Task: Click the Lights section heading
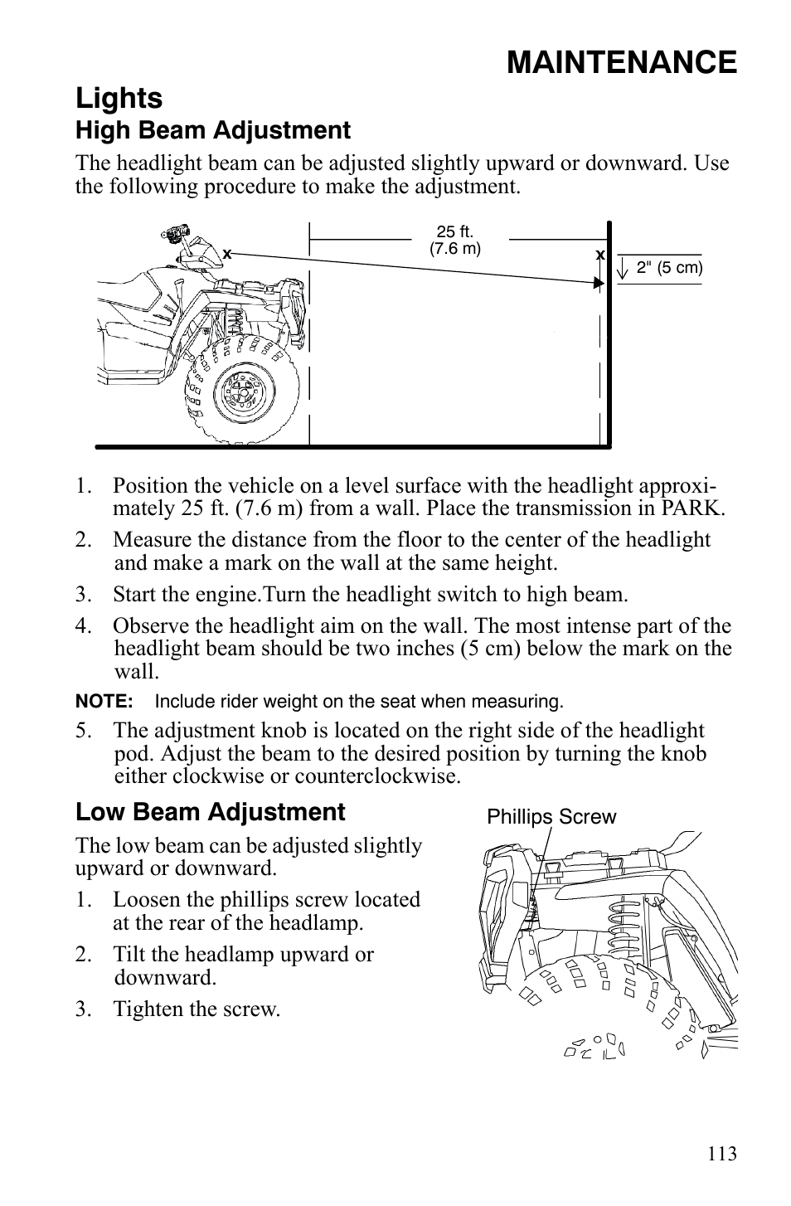click(119, 98)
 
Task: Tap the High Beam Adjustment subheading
click(213, 130)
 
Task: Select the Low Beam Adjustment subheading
click(210, 812)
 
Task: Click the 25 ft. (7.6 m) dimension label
click(454, 241)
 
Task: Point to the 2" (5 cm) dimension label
click(669, 268)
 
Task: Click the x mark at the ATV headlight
click(226, 255)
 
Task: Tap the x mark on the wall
click(598, 255)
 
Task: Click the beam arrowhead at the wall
click(599, 283)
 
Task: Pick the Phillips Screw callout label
click(551, 817)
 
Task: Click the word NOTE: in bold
click(104, 702)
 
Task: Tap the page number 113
click(722, 1154)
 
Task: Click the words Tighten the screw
click(197, 1009)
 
